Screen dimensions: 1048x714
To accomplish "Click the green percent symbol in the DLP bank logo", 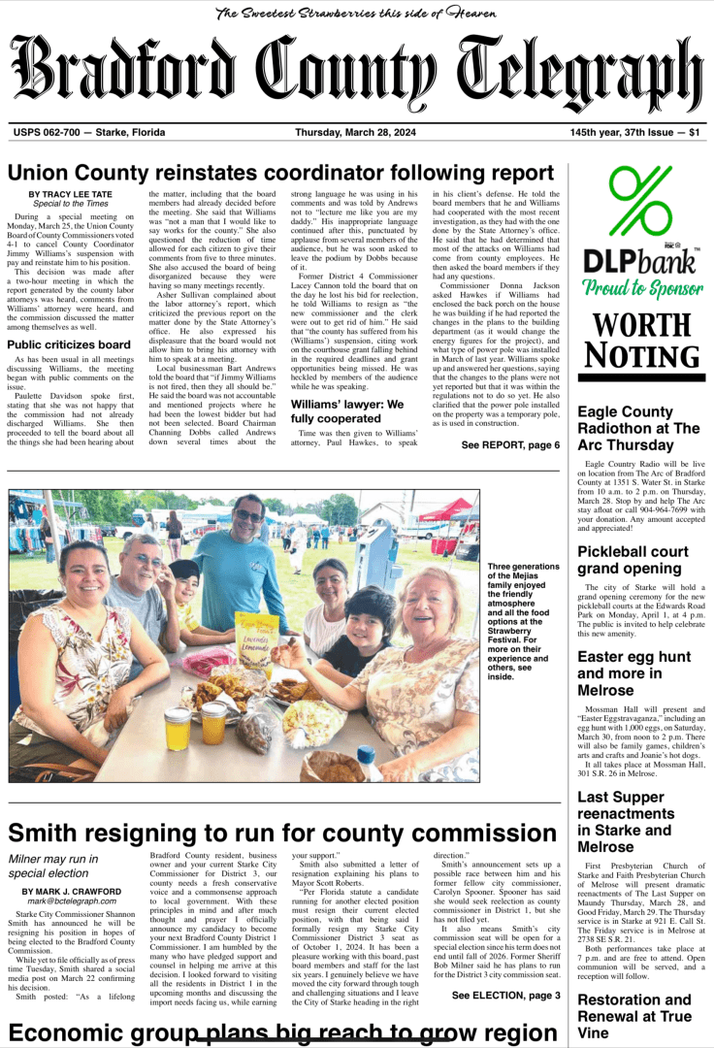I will (x=639, y=205).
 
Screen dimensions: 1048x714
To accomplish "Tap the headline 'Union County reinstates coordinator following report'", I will (x=280, y=173).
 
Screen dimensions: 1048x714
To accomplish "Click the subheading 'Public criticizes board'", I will (x=69, y=344).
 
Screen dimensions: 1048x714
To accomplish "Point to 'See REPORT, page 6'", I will (x=510, y=445).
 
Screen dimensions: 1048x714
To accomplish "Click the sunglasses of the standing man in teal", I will (x=248, y=517).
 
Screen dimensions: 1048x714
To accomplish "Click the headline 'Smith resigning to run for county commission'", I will (x=269, y=833).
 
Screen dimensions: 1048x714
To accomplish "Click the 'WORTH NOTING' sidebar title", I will (x=639, y=341).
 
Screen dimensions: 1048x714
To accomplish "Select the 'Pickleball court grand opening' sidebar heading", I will (x=633, y=560).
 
